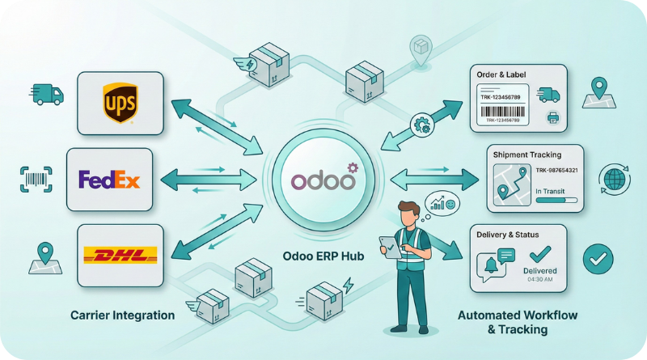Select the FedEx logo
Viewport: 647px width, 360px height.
(109, 179)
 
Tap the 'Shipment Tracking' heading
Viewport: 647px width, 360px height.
(527, 154)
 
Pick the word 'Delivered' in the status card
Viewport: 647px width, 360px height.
(539, 270)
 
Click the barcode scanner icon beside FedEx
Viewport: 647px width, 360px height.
(35, 179)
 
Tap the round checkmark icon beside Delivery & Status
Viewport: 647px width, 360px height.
(598, 260)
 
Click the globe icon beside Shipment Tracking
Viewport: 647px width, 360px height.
(611, 177)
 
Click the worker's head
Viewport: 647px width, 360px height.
(409, 215)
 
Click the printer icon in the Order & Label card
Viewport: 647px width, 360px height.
(553, 118)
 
